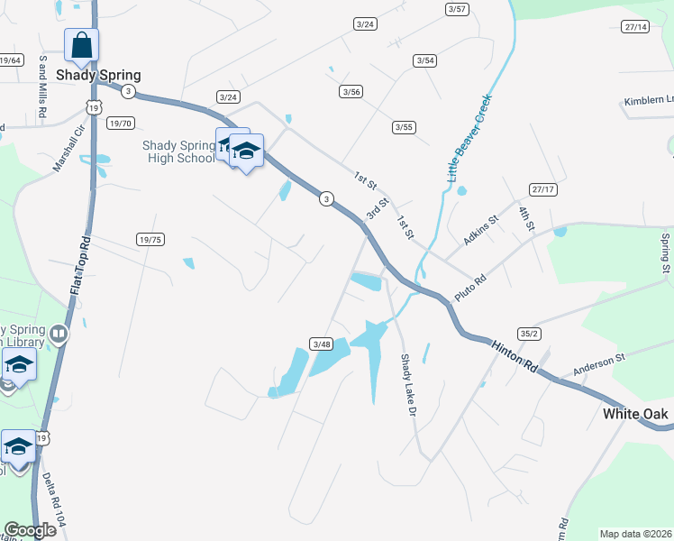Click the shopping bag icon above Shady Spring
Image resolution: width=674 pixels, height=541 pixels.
[x=81, y=44]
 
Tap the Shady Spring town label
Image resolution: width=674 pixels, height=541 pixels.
[x=99, y=76]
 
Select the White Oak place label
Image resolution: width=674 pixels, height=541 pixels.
[x=635, y=414]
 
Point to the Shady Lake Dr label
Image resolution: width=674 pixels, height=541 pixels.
[x=405, y=384]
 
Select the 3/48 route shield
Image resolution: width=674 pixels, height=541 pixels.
[x=321, y=344]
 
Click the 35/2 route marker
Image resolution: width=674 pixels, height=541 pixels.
[x=529, y=333]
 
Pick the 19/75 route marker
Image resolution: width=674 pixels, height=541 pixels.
[x=150, y=239]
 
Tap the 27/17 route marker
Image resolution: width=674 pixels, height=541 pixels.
[x=542, y=189]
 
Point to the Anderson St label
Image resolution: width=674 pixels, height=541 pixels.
[x=599, y=365]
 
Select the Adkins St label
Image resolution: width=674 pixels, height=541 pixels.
[x=479, y=232]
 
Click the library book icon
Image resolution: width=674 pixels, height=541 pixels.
[x=59, y=335]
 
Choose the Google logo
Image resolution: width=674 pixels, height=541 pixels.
[x=29, y=530]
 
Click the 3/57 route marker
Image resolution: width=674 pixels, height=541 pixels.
[x=457, y=9]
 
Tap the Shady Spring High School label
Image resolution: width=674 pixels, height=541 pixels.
[x=179, y=151]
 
